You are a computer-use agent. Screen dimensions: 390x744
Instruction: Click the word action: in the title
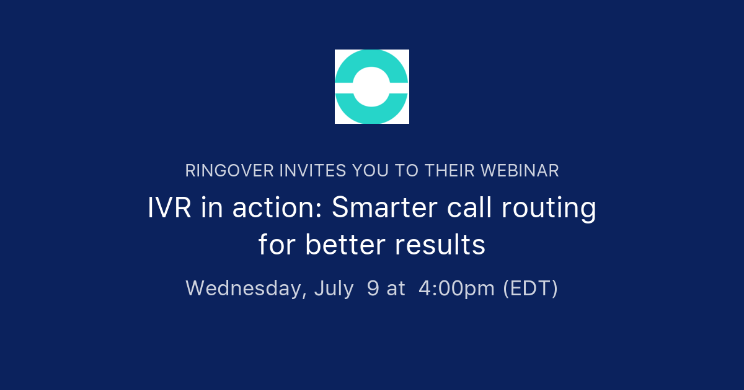(x=278, y=209)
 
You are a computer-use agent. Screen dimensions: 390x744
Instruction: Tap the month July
(x=334, y=288)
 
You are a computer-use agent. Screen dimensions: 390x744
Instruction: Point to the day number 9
(x=373, y=288)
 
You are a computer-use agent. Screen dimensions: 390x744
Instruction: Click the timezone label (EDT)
(x=530, y=288)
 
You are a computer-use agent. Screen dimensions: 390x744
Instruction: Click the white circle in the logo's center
(x=372, y=87)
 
